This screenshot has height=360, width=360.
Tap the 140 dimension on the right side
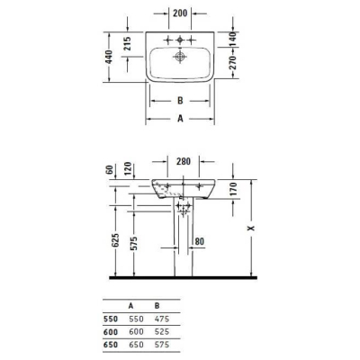[230, 38]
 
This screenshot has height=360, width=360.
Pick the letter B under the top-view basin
[181, 101]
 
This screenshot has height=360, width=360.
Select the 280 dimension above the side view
[184, 163]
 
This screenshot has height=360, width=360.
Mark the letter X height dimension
[251, 229]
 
